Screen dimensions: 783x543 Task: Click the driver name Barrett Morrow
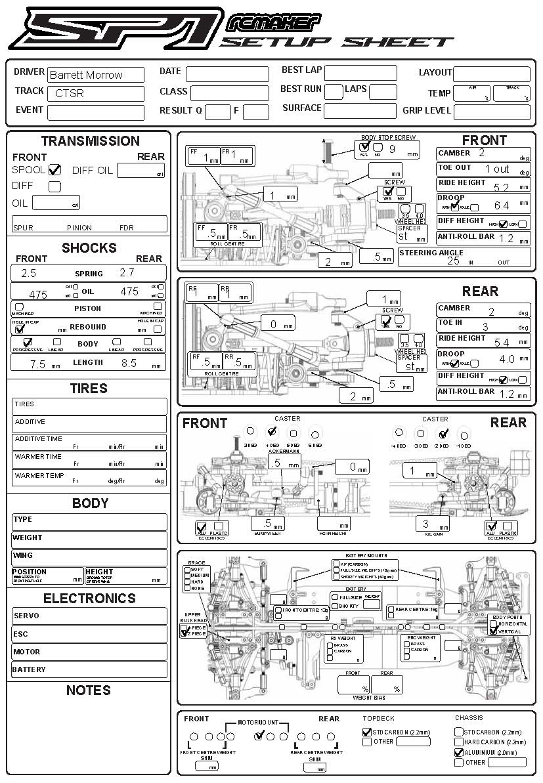click(x=86, y=75)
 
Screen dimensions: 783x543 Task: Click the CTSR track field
click(x=69, y=93)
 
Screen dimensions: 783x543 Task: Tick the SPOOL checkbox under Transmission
click(x=55, y=170)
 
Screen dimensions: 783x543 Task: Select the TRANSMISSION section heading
click(x=90, y=141)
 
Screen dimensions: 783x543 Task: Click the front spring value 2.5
click(x=28, y=273)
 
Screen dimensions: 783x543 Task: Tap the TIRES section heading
click(x=89, y=389)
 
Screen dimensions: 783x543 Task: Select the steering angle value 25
click(x=453, y=261)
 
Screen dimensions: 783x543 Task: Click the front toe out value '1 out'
click(x=497, y=169)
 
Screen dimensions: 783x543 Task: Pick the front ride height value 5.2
click(x=501, y=187)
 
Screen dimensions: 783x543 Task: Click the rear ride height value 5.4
click(x=501, y=342)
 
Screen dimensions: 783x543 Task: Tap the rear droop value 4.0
click(x=506, y=360)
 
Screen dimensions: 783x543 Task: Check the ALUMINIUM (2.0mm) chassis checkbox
click(x=459, y=753)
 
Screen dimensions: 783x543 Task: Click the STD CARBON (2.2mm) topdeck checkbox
click(x=367, y=732)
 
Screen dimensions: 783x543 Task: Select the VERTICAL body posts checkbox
click(x=493, y=631)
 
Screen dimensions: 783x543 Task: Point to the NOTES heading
click(x=89, y=690)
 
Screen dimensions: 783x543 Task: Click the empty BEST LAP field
click(x=360, y=73)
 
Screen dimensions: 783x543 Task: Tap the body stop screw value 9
click(x=392, y=149)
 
